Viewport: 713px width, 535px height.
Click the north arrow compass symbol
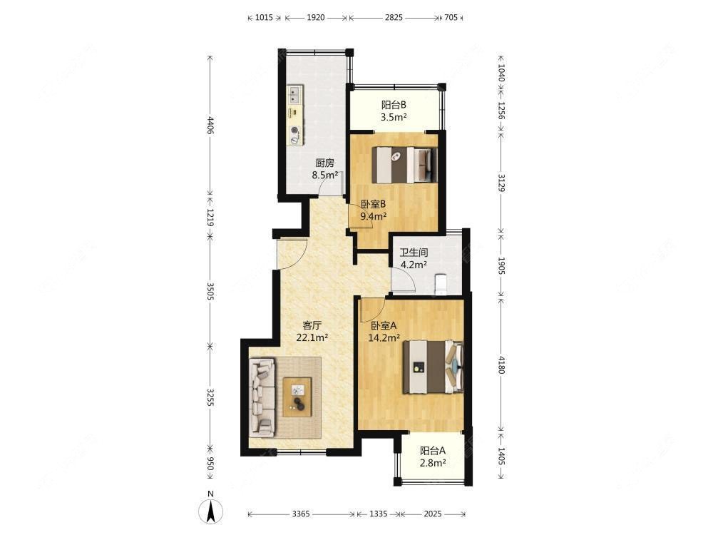pyautogui.click(x=210, y=511)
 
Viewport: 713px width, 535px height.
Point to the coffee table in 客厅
pyautogui.click(x=297, y=397)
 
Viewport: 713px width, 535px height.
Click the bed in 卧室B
pyautogui.click(x=404, y=165)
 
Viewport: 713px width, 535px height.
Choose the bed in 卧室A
pyautogui.click(x=433, y=367)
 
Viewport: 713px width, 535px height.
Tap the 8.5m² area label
pyautogui.click(x=324, y=175)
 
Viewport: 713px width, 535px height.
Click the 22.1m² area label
pyautogui.click(x=312, y=337)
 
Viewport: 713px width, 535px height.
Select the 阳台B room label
pyautogui.click(x=394, y=105)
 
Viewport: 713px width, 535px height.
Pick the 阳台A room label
pyautogui.click(x=433, y=451)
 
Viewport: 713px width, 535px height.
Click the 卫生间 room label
pyautogui.click(x=414, y=253)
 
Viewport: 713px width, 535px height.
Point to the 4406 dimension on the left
pyautogui.click(x=210, y=126)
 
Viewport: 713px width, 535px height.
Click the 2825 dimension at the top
pyautogui.click(x=394, y=18)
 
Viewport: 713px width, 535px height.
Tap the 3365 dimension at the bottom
pyautogui.click(x=301, y=514)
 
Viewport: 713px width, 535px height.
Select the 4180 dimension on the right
pyautogui.click(x=501, y=365)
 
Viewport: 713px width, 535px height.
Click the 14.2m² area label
pyautogui.click(x=384, y=337)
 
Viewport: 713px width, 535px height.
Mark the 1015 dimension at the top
pyautogui.click(x=264, y=18)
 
